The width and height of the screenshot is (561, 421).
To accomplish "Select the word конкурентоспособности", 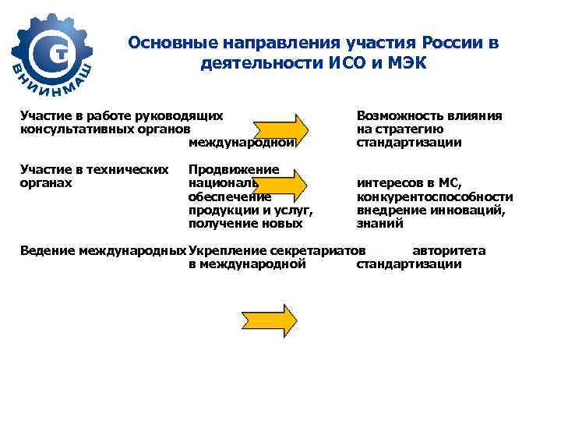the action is point(435,197).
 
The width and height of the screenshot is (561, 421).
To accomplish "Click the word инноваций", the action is point(471,210).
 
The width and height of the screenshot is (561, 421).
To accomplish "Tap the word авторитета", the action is point(449,251).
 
